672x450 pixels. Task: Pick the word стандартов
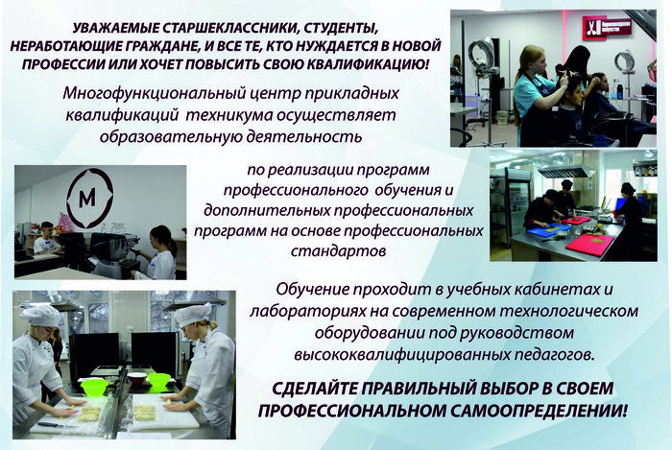pos(338,250)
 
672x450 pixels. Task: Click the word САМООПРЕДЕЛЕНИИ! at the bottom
pos(539,411)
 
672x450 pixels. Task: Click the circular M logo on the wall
pos(89,198)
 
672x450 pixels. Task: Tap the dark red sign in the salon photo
pos(607,29)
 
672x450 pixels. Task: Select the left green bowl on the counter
pos(94,387)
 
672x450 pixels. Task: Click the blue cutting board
pos(548,228)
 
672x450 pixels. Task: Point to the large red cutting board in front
pos(589,243)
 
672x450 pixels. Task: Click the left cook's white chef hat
pos(40,316)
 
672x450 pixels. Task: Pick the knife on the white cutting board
pos(48,424)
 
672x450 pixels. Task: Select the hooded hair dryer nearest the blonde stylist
pos(483,55)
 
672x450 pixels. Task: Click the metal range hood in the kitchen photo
pos(563,171)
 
